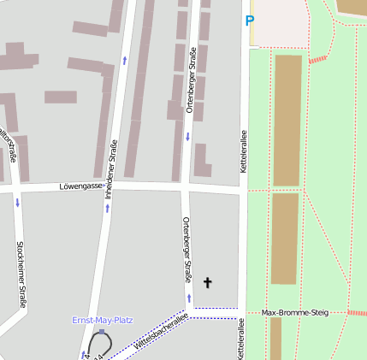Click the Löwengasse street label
tap(81, 186)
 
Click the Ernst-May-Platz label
tap(102, 320)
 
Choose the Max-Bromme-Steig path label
tap(295, 313)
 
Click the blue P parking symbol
tap(250, 21)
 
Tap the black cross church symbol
tap(206, 281)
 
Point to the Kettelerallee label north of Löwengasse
tap(244, 144)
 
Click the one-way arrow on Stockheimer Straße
tap(17, 203)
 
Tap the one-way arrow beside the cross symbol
tap(190, 298)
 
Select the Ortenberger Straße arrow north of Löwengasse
tap(187, 137)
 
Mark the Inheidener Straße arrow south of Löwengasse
tap(108, 208)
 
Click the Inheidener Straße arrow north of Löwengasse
tap(125, 61)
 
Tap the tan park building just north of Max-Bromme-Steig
tap(285, 239)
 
